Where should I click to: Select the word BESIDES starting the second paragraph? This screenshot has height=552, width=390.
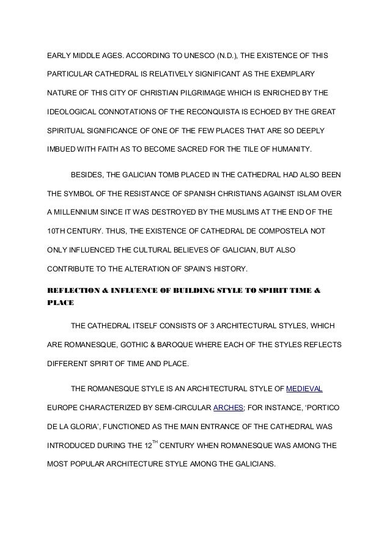[x=87, y=175]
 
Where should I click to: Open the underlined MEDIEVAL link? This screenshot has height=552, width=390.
[x=304, y=388]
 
